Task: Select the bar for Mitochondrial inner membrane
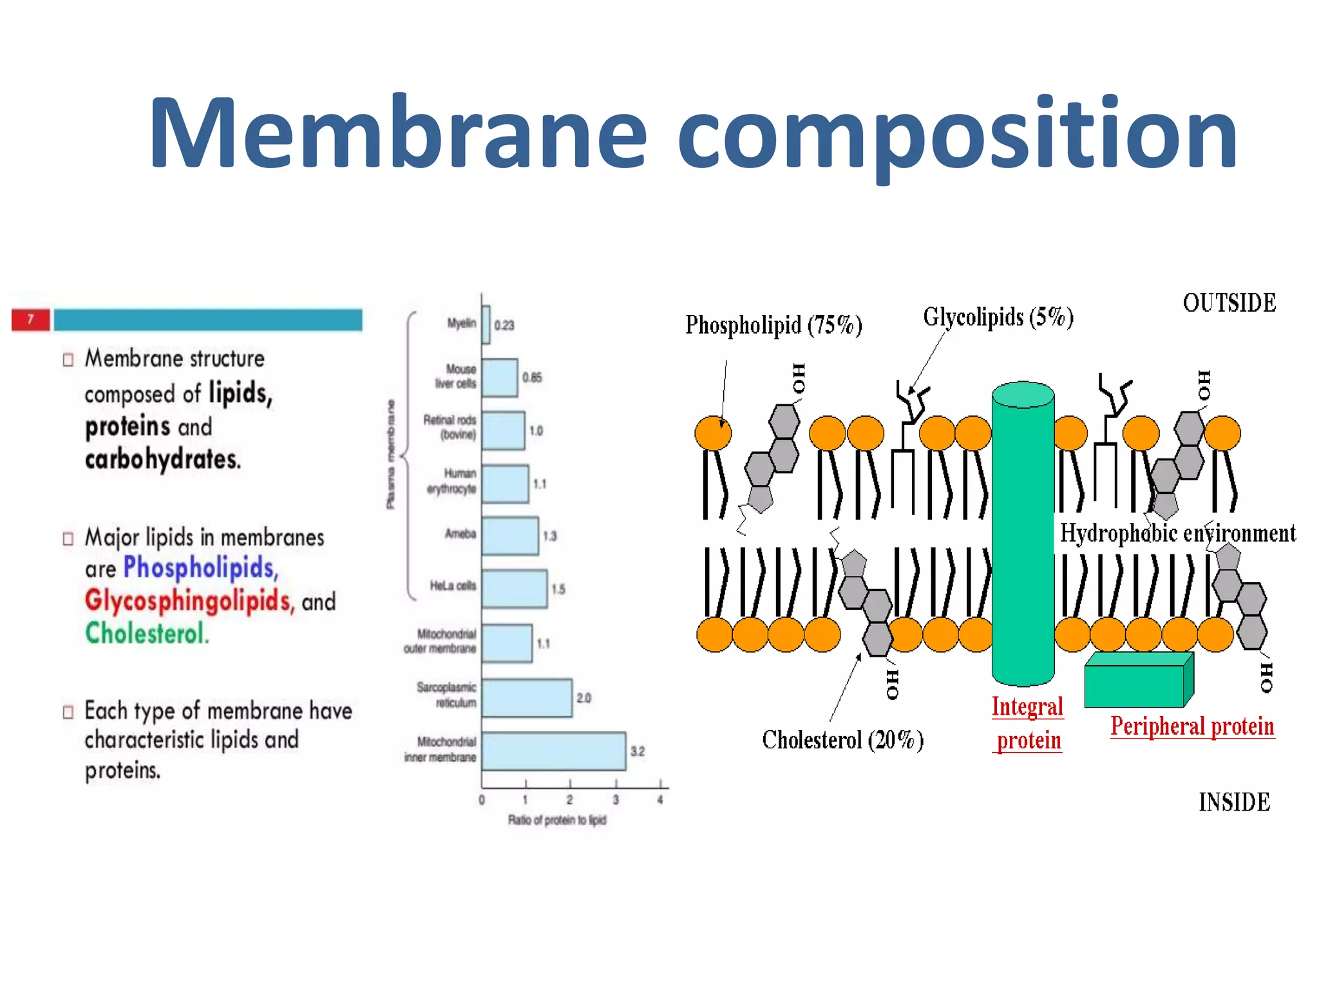[553, 751]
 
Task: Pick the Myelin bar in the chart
[486, 325]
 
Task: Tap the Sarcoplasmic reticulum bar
[526, 698]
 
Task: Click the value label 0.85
[532, 377]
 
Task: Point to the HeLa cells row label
[453, 586]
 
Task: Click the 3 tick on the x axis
[616, 800]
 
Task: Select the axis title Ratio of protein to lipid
[557, 820]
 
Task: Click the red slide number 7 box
[30, 319]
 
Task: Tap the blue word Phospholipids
[200, 568]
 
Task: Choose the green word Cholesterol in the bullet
[147, 634]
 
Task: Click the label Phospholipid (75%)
[773, 325]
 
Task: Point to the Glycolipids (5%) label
[998, 317]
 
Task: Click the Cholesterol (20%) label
[842, 740]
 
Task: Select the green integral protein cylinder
[1022, 534]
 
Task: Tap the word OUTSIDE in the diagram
[1229, 303]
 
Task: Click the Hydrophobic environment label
[1177, 534]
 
